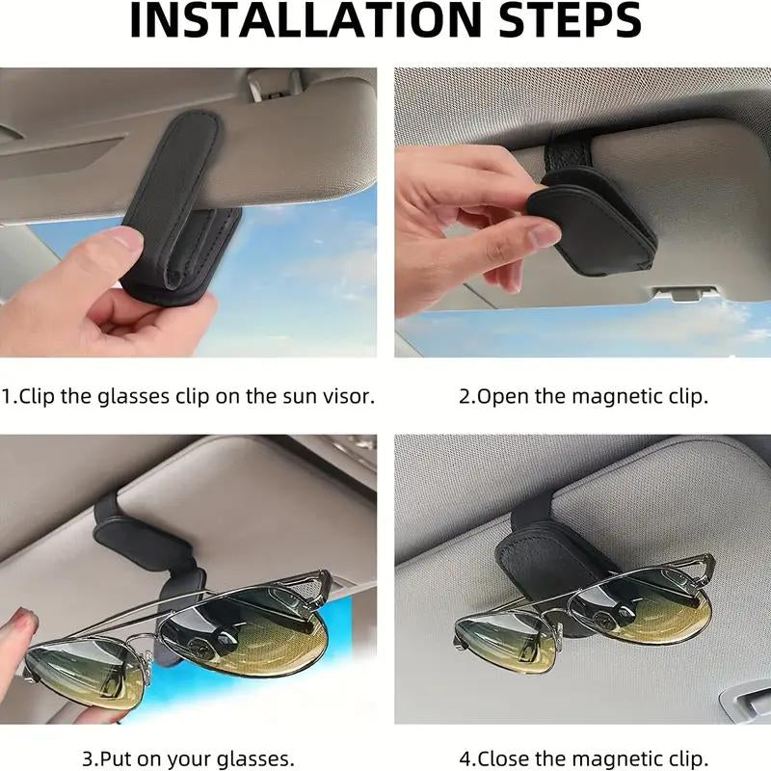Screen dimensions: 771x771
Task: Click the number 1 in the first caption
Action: point(8,396)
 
